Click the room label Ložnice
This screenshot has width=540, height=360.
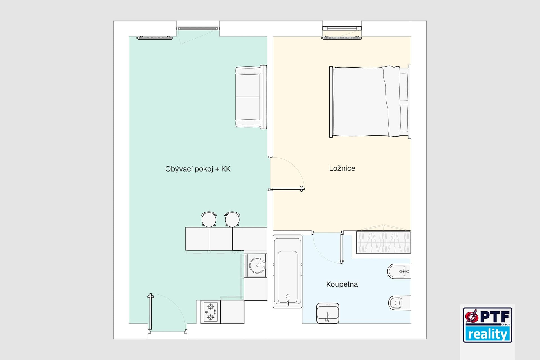click(x=342, y=168)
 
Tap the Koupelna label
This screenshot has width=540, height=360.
click(x=342, y=284)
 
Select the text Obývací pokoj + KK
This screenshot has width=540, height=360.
click(x=198, y=169)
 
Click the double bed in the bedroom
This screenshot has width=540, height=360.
click(x=370, y=102)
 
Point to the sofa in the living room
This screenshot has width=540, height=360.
click(x=251, y=97)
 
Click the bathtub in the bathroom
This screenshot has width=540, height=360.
click(x=287, y=271)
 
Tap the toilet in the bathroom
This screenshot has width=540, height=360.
click(x=400, y=303)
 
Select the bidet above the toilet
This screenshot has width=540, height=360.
click(x=399, y=272)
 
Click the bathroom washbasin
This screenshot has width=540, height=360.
click(x=328, y=313)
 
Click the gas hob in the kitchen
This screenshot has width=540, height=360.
click(x=210, y=312)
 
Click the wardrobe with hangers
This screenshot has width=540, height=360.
click(x=384, y=242)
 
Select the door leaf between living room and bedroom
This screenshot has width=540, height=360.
click(x=287, y=189)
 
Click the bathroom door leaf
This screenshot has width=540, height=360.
click(x=342, y=247)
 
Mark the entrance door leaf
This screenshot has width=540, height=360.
click(x=150, y=312)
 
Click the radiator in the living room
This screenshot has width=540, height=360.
click(x=155, y=38)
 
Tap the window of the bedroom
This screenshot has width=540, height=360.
click(x=342, y=28)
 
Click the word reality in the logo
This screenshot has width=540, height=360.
click(x=487, y=334)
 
